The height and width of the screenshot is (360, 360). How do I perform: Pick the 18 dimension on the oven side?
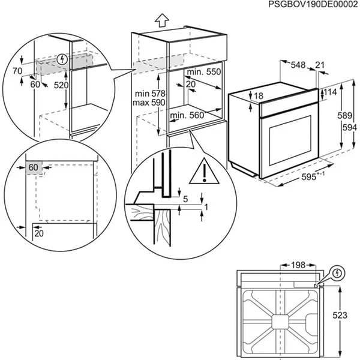(x=258, y=97)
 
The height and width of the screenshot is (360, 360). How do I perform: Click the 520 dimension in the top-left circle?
(x=61, y=85)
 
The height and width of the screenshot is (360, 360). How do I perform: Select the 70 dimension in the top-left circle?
(x=16, y=70)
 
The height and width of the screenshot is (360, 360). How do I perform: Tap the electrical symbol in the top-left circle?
(x=62, y=59)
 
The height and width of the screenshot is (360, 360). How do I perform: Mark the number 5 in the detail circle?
(x=186, y=199)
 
